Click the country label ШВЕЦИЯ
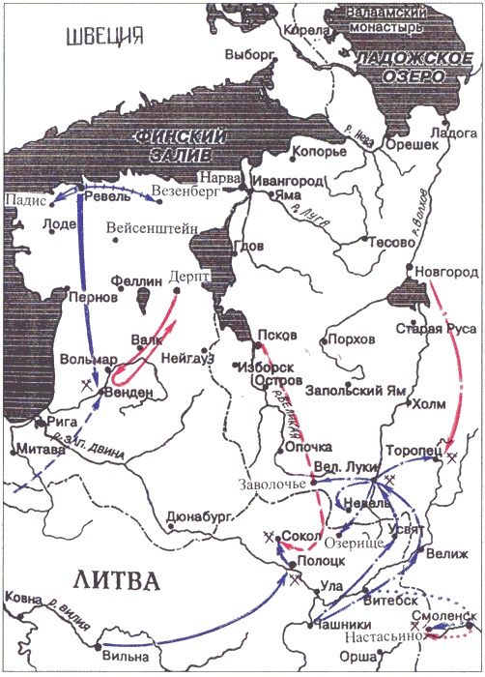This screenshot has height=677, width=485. [x=101, y=38]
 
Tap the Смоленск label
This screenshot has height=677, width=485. [x=443, y=616]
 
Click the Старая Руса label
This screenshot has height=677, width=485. [x=438, y=329]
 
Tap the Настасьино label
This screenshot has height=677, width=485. [x=383, y=636]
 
